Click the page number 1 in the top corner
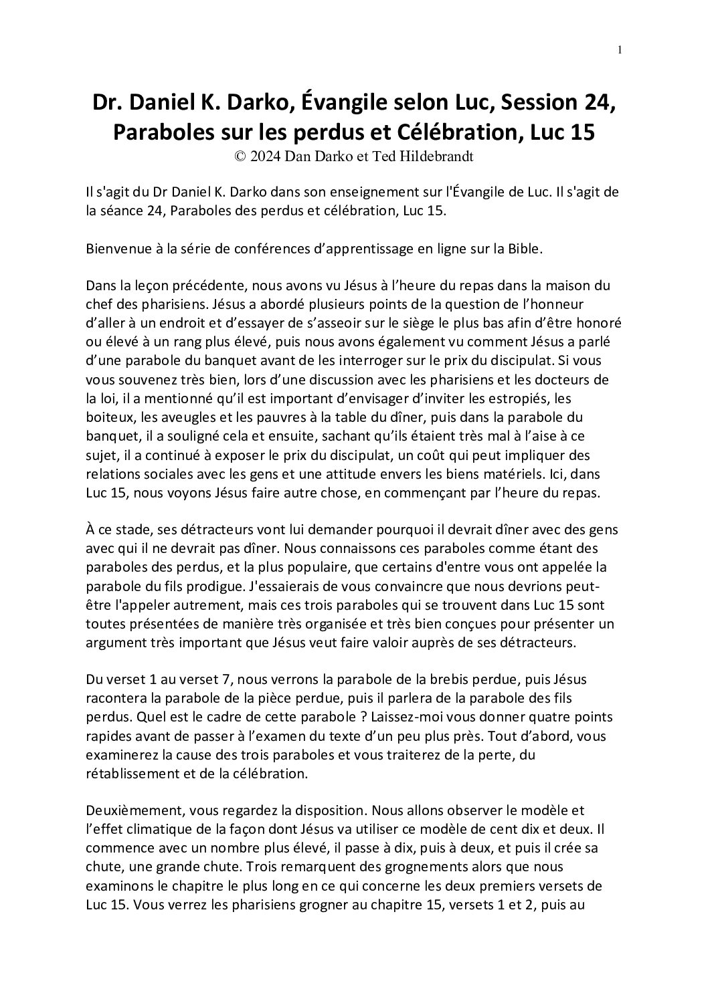(x=620, y=49)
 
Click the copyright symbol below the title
(x=240, y=156)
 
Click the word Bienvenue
(x=115, y=249)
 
